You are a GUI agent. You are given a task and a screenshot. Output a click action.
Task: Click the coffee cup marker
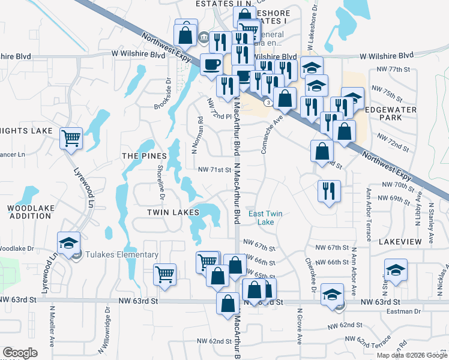211,64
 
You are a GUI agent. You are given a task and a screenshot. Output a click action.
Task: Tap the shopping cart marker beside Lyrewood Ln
71,139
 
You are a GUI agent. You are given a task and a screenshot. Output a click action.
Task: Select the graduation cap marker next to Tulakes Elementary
68,243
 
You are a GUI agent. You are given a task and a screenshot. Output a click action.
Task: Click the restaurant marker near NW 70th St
328,191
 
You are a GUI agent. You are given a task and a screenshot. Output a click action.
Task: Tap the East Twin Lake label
265,218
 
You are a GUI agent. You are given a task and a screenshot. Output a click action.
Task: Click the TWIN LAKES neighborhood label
173,213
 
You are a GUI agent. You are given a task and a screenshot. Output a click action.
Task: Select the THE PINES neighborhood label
143,156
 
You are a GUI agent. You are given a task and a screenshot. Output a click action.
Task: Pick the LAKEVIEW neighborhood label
400,241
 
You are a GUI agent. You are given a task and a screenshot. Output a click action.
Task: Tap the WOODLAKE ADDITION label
29,212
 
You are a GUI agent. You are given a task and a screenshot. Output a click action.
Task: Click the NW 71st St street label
215,170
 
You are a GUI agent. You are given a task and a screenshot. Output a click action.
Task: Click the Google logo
20,353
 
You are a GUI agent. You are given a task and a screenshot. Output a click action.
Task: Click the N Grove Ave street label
299,326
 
